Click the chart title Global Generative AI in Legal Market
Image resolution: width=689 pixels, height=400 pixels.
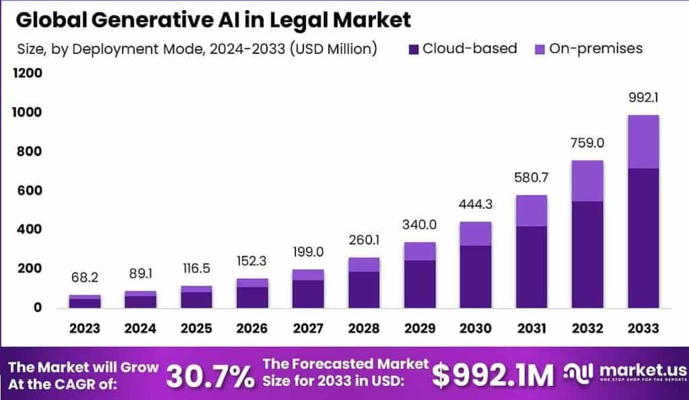pos(213,20)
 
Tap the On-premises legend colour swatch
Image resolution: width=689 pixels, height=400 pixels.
pos(540,49)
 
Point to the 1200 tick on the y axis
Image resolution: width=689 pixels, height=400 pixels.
pos(29,73)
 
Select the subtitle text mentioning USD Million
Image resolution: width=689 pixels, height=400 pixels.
pos(195,49)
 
